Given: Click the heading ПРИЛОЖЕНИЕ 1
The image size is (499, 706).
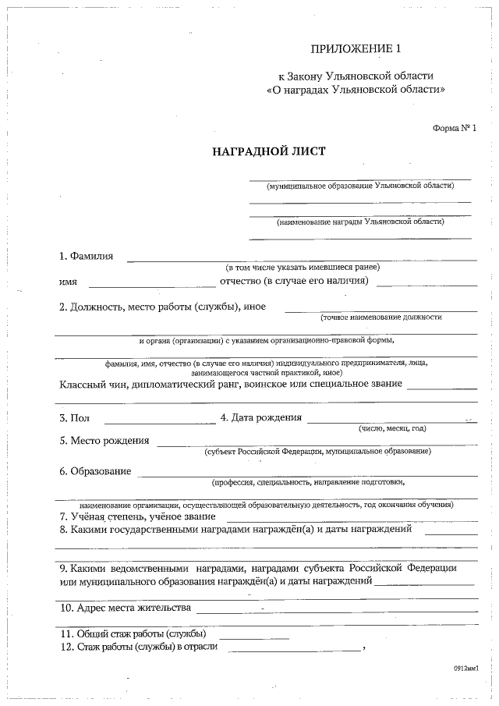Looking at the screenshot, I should (x=355, y=49).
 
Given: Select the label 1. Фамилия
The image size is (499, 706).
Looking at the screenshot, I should (x=86, y=256).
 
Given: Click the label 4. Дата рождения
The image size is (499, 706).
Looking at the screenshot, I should (x=260, y=417).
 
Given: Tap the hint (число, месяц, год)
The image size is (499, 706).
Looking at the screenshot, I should (x=392, y=428).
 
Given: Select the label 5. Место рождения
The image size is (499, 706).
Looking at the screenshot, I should (x=104, y=440).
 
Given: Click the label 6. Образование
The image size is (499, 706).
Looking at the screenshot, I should (x=95, y=471).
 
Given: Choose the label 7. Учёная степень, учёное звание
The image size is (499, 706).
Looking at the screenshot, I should (x=137, y=516).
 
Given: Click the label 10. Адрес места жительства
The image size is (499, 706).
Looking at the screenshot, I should (x=125, y=607).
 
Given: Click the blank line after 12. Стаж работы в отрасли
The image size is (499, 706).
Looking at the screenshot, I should (x=294, y=649).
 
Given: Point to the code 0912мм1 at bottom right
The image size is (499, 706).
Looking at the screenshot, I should (x=465, y=669).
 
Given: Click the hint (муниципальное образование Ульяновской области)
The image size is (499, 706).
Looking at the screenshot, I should (x=359, y=186).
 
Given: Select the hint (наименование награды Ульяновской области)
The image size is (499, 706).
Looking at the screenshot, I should (x=360, y=222).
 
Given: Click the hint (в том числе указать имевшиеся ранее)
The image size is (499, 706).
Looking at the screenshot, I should (x=303, y=268).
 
